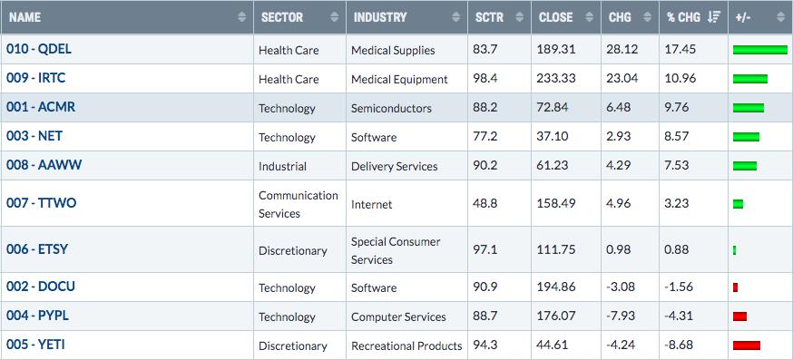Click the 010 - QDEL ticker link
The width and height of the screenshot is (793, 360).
click(x=39, y=49)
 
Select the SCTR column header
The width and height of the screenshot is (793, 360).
click(x=489, y=17)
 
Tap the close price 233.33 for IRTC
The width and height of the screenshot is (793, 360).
click(x=556, y=79)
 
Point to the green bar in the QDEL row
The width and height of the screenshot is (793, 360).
click(x=760, y=50)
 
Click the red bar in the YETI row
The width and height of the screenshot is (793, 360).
click(x=747, y=345)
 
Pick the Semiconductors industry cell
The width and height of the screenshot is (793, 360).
click(x=391, y=108)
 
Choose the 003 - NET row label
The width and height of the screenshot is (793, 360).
click(x=34, y=136)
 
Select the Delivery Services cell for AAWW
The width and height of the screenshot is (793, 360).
click(x=395, y=166)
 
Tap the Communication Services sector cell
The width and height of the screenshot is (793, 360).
click(x=299, y=204)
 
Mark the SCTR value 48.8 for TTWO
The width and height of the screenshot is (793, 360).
click(x=485, y=203)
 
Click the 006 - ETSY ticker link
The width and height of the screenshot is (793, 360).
click(x=37, y=249)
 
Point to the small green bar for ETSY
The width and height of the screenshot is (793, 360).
click(x=734, y=250)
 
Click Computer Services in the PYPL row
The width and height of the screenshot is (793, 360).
click(x=398, y=317)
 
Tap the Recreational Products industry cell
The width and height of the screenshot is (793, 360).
click(x=406, y=345)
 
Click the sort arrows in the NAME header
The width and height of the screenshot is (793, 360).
click(x=242, y=17)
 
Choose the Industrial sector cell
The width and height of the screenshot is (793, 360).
click(x=282, y=166)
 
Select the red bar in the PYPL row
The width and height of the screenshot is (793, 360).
click(x=739, y=316)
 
